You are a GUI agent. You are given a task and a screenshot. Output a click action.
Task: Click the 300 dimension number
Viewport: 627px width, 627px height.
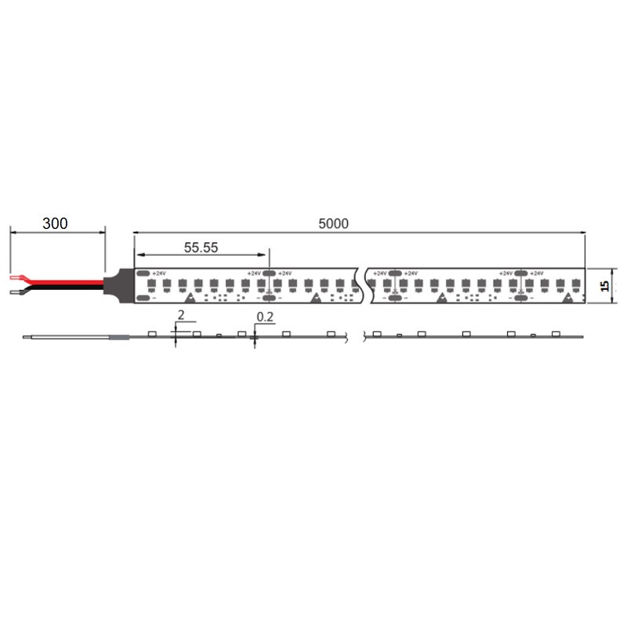[55, 223]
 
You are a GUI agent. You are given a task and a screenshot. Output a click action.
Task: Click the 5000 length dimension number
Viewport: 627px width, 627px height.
[333, 223]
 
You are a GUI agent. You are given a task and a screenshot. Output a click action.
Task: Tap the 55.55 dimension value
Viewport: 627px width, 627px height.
[201, 247]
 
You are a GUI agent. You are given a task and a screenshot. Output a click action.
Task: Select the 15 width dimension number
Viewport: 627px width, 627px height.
[605, 286]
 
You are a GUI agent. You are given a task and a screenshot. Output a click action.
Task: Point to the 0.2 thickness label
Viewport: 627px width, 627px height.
[266, 317]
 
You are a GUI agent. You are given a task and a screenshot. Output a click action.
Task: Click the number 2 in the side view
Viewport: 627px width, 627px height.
[181, 315]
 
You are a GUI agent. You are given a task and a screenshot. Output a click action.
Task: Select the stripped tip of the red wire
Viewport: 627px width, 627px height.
[16, 277]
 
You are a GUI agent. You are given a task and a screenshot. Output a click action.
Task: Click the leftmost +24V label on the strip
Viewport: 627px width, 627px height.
[159, 273]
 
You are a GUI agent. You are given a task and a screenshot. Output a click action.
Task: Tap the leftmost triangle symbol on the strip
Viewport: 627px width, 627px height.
[190, 297]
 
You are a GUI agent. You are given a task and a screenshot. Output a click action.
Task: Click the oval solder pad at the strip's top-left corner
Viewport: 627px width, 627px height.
[143, 273]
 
